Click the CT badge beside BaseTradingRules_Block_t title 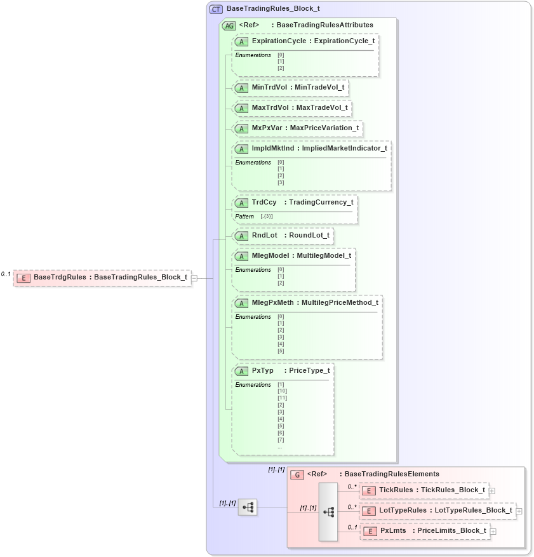(216, 10)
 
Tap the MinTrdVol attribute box (291, 87)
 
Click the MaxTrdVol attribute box (292, 107)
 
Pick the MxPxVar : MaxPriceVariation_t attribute (297, 128)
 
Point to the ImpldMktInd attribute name (273, 148)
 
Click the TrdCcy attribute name (264, 202)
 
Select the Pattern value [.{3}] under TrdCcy (267, 217)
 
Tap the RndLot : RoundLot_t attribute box (283, 235)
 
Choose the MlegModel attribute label (270, 255)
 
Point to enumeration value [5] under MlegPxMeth (281, 351)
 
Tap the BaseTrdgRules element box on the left (102, 277)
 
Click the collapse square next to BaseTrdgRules (194, 278)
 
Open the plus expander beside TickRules (492, 490)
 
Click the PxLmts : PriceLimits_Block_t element (425, 530)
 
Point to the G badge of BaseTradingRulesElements (297, 474)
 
